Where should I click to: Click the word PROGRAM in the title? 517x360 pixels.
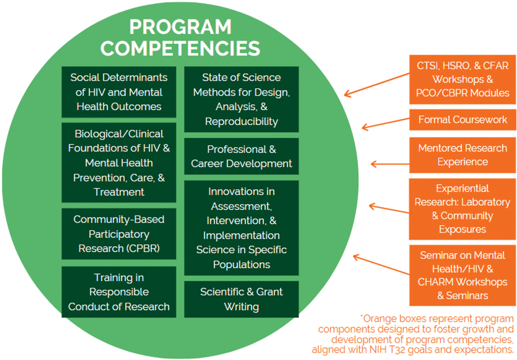180,27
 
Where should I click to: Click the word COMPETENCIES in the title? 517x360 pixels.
180,48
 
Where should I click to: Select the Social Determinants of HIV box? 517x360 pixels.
119,92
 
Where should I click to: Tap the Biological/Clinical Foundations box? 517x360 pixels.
119,163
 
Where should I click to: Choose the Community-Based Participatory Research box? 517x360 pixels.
119,234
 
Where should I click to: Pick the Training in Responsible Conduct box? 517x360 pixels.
119,292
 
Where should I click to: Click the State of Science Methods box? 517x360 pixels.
241,99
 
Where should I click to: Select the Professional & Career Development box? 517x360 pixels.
241,156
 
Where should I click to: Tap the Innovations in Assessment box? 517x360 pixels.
241,228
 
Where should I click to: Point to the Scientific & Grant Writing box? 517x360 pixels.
241,299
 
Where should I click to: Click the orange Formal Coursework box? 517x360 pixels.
463,120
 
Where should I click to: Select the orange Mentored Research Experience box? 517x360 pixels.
463,155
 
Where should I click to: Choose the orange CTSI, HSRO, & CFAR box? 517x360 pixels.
463,79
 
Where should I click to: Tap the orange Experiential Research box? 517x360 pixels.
463,209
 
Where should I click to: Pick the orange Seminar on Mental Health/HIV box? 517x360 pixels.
463,275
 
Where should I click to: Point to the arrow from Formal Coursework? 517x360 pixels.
386,123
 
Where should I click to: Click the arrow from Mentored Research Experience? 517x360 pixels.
390,164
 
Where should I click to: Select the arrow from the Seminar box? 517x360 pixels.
382,264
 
